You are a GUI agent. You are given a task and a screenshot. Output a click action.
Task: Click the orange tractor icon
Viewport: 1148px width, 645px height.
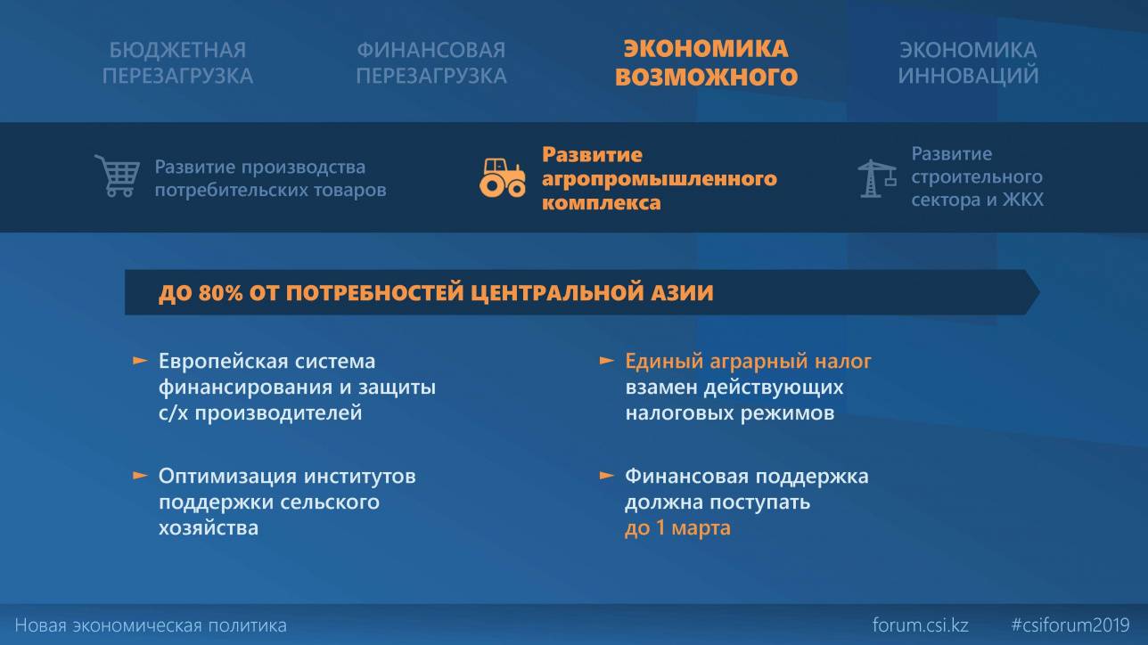[503, 178]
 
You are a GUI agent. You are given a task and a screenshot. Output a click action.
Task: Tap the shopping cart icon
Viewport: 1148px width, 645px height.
[118, 176]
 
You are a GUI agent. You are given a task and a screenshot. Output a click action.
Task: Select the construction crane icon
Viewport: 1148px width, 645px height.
[877, 178]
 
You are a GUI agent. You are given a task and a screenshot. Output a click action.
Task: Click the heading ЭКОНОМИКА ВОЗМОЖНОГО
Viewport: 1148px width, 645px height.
[706, 62]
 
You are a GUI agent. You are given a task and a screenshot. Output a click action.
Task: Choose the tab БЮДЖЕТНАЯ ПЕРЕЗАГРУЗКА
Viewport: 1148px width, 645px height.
[177, 62]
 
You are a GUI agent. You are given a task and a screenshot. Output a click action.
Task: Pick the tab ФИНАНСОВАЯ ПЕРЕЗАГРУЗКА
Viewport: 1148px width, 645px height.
[431, 62]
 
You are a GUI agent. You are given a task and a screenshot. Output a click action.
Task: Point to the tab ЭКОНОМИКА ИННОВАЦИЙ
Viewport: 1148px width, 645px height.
[968, 62]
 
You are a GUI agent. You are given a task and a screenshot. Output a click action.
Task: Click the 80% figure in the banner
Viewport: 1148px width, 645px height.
[220, 293]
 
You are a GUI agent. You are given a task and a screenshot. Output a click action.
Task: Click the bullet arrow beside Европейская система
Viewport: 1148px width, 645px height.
[140, 361]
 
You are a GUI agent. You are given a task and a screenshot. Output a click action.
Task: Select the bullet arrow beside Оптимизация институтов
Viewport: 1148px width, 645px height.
[140, 476]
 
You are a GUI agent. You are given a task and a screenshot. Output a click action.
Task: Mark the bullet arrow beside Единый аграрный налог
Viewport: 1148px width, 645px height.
[607, 361]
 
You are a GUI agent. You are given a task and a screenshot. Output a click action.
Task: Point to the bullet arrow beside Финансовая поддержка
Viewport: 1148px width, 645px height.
[607, 476]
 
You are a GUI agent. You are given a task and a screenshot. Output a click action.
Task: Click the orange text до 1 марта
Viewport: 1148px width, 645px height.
[677, 527]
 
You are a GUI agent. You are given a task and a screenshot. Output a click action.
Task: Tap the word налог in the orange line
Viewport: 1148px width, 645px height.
[843, 362]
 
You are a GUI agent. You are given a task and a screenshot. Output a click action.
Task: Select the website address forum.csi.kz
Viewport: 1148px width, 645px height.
[921, 625]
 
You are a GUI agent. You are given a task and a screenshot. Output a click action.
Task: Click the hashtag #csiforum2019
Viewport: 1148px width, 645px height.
[1070, 625]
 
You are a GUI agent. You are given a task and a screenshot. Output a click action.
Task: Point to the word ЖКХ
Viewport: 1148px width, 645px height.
[1023, 200]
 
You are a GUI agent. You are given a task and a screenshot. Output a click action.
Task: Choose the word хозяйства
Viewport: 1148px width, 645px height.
[208, 527]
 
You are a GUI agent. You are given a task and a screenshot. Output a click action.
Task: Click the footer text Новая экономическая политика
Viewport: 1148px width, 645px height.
[151, 625]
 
